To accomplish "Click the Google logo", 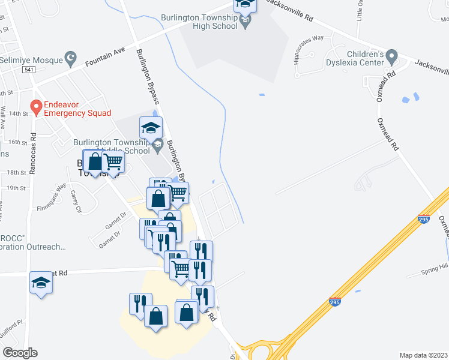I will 20,352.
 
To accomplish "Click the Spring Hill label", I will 435,266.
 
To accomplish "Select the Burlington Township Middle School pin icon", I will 157,143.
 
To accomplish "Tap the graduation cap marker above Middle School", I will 151,127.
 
